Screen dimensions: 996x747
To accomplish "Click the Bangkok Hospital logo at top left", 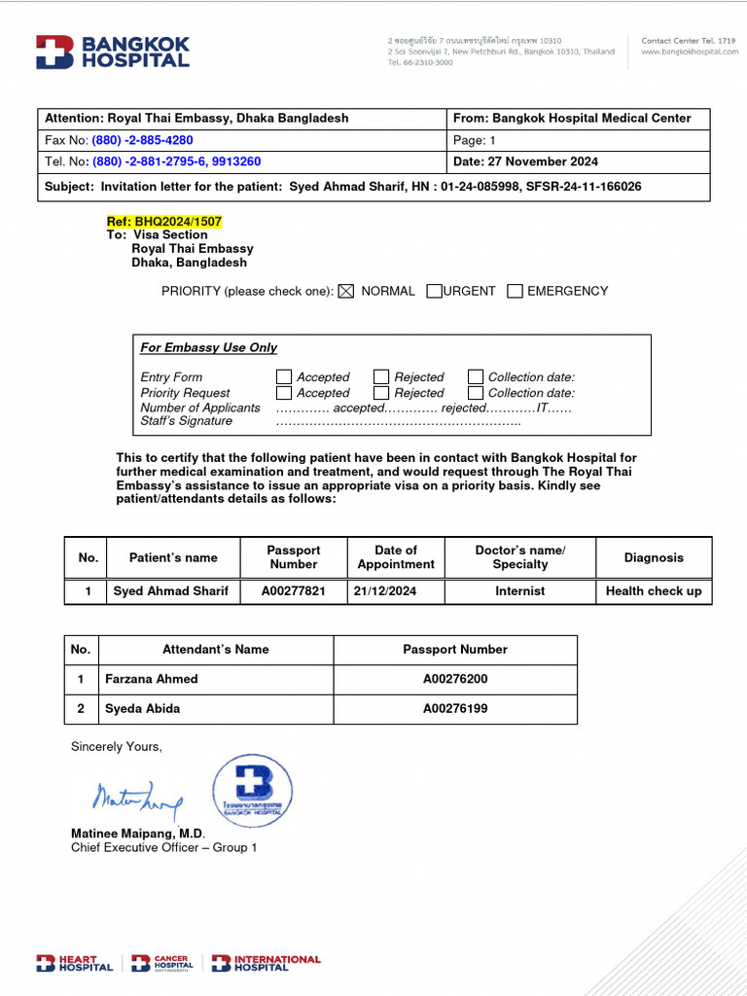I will [112, 53].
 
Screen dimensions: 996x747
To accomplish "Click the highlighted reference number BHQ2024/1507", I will [164, 222].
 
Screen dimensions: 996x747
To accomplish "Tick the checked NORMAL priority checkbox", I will [345, 291].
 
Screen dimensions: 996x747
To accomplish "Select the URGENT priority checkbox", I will [434, 291].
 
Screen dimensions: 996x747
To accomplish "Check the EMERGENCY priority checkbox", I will [516, 291].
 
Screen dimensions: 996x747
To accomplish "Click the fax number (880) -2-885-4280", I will [142, 140].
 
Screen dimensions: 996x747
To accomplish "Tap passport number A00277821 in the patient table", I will [294, 591].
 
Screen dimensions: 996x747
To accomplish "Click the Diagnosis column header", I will [654, 557].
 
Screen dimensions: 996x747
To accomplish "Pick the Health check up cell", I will [654, 591].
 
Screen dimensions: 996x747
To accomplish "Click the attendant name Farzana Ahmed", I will [152, 679].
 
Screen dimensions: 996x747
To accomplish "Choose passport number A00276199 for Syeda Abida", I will [455, 709].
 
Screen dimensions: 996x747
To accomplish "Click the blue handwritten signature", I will [136, 800].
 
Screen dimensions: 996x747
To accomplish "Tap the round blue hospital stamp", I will [252, 791].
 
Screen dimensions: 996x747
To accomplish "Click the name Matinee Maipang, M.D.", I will [138, 834].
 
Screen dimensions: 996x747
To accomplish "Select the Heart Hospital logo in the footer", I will [75, 963].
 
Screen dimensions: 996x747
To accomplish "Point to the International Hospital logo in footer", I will [266, 963].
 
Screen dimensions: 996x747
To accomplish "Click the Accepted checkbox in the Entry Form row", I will [284, 376].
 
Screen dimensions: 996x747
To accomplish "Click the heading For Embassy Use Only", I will [208, 347].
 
